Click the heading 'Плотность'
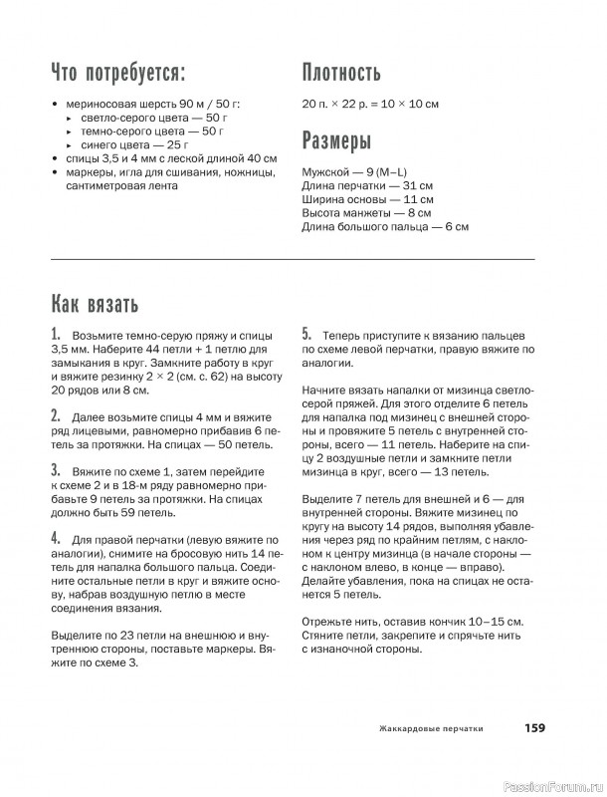341,73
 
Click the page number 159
534,728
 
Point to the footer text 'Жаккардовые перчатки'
431,729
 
